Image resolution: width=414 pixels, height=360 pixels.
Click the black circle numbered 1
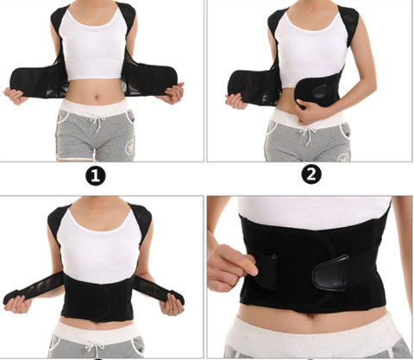tap(96, 175)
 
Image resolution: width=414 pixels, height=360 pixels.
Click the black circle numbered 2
tap(311, 174)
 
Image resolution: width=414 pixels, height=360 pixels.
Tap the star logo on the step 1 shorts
tap(129, 147)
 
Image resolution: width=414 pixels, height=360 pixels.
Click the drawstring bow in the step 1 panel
tap(97, 122)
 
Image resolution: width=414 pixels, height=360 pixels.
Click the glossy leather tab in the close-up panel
tap(330, 273)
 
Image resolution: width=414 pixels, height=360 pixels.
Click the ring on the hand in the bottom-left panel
tap(172, 310)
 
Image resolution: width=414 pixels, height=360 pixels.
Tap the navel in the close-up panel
tap(310, 316)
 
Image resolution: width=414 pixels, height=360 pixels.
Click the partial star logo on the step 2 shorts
tap(343, 158)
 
